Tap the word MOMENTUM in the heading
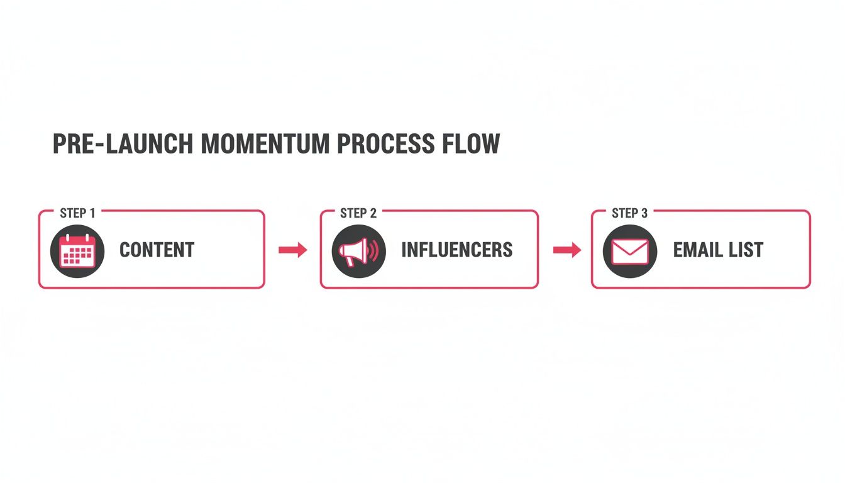265,145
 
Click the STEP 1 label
78,213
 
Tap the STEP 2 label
358,213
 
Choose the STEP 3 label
629,213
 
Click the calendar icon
76,250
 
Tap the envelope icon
630,252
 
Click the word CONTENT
157,250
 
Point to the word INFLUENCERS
457,250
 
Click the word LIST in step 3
748,250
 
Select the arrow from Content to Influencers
292,250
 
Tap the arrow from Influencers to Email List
567,250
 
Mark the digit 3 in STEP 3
644,213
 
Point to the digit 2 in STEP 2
373,213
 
